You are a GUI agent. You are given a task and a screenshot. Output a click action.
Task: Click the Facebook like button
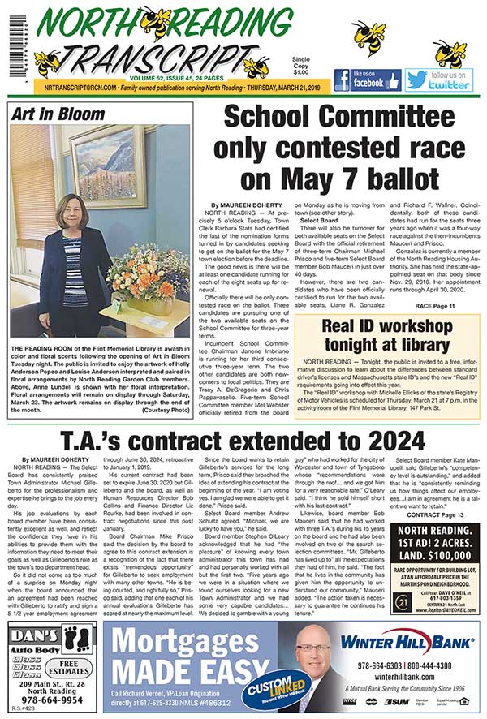366,80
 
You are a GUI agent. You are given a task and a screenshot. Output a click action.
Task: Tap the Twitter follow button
439,80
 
